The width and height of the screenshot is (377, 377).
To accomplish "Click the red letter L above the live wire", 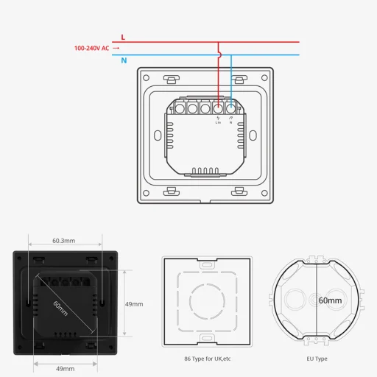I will [x=122, y=36].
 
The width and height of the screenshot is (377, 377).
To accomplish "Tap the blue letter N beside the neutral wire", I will [x=123, y=60].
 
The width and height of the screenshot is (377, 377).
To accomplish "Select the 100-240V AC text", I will [x=92, y=49].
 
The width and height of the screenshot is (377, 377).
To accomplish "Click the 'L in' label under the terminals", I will [x=219, y=122].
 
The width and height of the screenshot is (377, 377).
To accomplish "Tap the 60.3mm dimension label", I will [x=63, y=240].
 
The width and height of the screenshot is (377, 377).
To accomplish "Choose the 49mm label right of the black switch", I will [x=133, y=303].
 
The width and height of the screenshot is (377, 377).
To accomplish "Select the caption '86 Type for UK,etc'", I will [x=207, y=359].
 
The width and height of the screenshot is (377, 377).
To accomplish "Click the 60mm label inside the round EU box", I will [x=329, y=300].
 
